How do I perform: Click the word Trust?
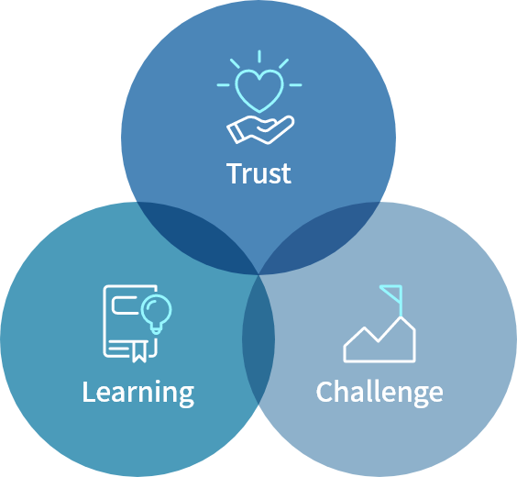click(x=258, y=173)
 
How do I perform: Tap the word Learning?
click(x=138, y=393)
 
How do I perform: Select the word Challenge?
click(x=379, y=393)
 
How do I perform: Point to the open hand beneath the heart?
click(x=260, y=129)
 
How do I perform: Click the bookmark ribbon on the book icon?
click(x=139, y=351)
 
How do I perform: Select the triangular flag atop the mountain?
click(x=392, y=294)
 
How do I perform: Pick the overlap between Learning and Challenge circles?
click(x=258, y=339)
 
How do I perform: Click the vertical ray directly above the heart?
click(x=259, y=56)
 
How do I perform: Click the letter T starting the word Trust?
click(x=235, y=173)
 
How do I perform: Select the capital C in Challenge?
click(x=324, y=392)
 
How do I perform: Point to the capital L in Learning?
click(x=89, y=392)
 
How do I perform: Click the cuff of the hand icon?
click(x=235, y=134)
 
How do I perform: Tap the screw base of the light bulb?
click(x=156, y=329)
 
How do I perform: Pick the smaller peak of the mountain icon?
click(x=364, y=327)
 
